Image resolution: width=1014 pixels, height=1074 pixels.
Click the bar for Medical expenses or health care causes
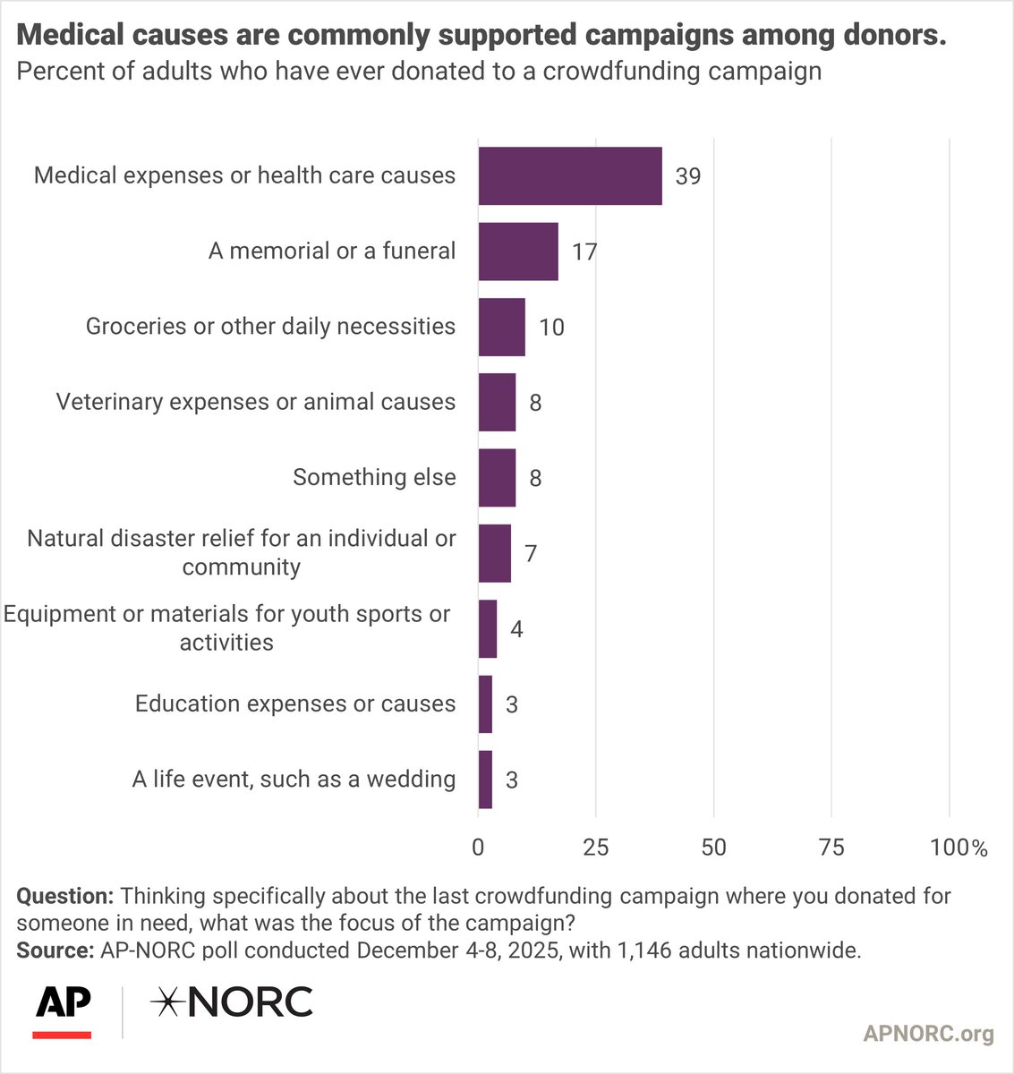[x=570, y=175]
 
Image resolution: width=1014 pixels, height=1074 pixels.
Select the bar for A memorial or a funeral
[x=518, y=251]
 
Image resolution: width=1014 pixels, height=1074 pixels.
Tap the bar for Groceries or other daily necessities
[x=501, y=327]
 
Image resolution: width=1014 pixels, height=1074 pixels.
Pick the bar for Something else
[x=497, y=478]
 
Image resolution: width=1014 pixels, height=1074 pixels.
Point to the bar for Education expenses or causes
[x=485, y=704]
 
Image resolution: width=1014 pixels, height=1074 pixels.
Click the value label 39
[x=688, y=176]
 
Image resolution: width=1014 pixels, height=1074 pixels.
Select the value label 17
[x=584, y=252]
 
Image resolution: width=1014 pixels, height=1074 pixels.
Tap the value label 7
[x=531, y=554]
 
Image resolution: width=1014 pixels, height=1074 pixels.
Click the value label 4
[x=516, y=629]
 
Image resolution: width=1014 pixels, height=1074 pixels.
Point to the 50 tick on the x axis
[x=713, y=847]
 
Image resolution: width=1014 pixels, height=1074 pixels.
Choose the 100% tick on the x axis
[x=958, y=847]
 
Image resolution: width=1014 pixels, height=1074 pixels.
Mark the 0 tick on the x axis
[x=478, y=847]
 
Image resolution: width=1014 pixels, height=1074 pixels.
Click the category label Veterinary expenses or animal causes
[x=256, y=402]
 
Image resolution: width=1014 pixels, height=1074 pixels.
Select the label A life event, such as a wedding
[x=294, y=780]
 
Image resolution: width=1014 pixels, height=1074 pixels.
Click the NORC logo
[x=232, y=1002]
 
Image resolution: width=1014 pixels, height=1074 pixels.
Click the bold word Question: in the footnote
[x=64, y=896]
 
